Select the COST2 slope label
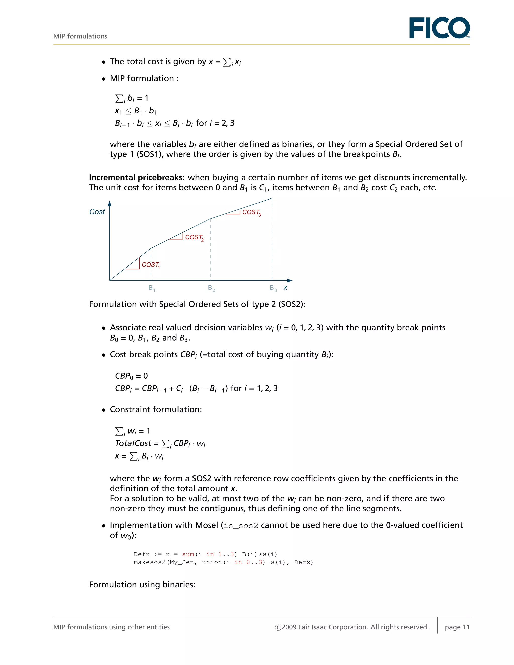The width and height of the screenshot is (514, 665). point(194,237)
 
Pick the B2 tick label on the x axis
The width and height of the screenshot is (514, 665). point(211,288)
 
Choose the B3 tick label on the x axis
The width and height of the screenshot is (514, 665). point(273,288)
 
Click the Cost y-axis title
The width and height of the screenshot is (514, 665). point(97,212)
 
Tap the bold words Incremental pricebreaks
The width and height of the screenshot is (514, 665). point(136,177)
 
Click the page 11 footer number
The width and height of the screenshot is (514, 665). point(457,627)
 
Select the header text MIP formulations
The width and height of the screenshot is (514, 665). point(80,36)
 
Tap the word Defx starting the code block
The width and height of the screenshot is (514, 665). point(142,554)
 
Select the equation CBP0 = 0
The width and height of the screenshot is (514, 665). point(131,376)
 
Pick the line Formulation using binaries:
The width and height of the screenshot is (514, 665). point(142,585)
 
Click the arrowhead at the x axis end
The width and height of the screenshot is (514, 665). point(290,280)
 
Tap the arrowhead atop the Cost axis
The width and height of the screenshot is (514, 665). point(110,203)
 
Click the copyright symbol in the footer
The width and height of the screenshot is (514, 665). point(278,627)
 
